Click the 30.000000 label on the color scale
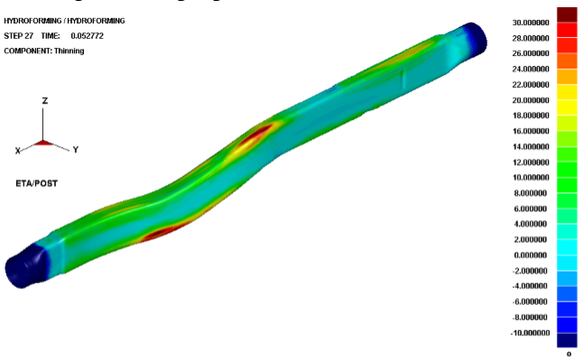point(531,23)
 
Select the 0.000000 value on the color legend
point(531,255)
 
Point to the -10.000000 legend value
point(530,333)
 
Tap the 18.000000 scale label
point(531,115)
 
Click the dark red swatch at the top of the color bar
point(567,15)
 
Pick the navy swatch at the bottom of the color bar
point(567,340)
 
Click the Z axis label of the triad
point(45,101)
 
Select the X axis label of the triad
point(17,151)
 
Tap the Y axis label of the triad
point(76,150)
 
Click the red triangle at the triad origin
point(43,143)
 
